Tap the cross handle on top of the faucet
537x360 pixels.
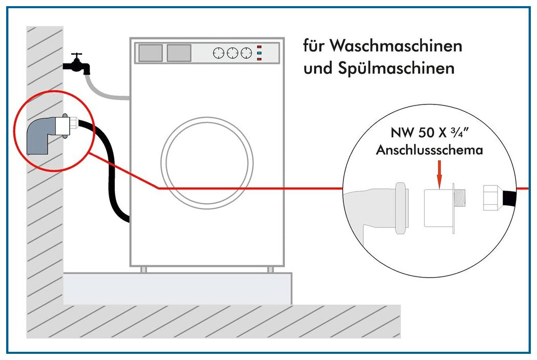76,55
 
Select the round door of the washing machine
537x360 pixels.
207,163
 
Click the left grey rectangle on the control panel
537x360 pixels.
150,53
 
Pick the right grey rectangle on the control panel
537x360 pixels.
179,53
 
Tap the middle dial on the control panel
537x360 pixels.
233,53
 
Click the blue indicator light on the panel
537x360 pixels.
259,53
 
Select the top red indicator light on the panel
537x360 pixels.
259,47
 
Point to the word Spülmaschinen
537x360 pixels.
396,68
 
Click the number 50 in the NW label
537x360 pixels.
426,133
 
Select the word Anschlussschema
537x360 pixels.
429,150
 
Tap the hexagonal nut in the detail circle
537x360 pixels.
492,198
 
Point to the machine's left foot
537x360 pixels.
144,270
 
